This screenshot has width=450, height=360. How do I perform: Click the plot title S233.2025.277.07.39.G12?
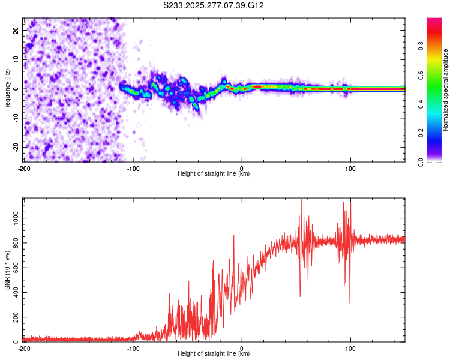pyautogui.click(x=214, y=5)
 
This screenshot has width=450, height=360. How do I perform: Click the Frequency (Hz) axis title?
pyautogui.click(x=7, y=89)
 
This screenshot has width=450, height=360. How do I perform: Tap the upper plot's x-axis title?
pyautogui.click(x=214, y=174)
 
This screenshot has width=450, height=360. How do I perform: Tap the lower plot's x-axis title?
pyautogui.click(x=214, y=354)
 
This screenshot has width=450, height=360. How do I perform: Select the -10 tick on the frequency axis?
pyautogui.click(x=15, y=118)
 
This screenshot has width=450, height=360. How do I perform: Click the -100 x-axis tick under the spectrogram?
pyautogui.click(x=133, y=168)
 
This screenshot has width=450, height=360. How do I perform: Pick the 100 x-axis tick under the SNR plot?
pyautogui.click(x=350, y=348)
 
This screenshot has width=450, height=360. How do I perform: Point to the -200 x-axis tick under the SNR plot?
pyautogui.click(x=24, y=348)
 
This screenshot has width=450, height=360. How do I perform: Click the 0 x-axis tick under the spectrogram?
pyautogui.click(x=242, y=168)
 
